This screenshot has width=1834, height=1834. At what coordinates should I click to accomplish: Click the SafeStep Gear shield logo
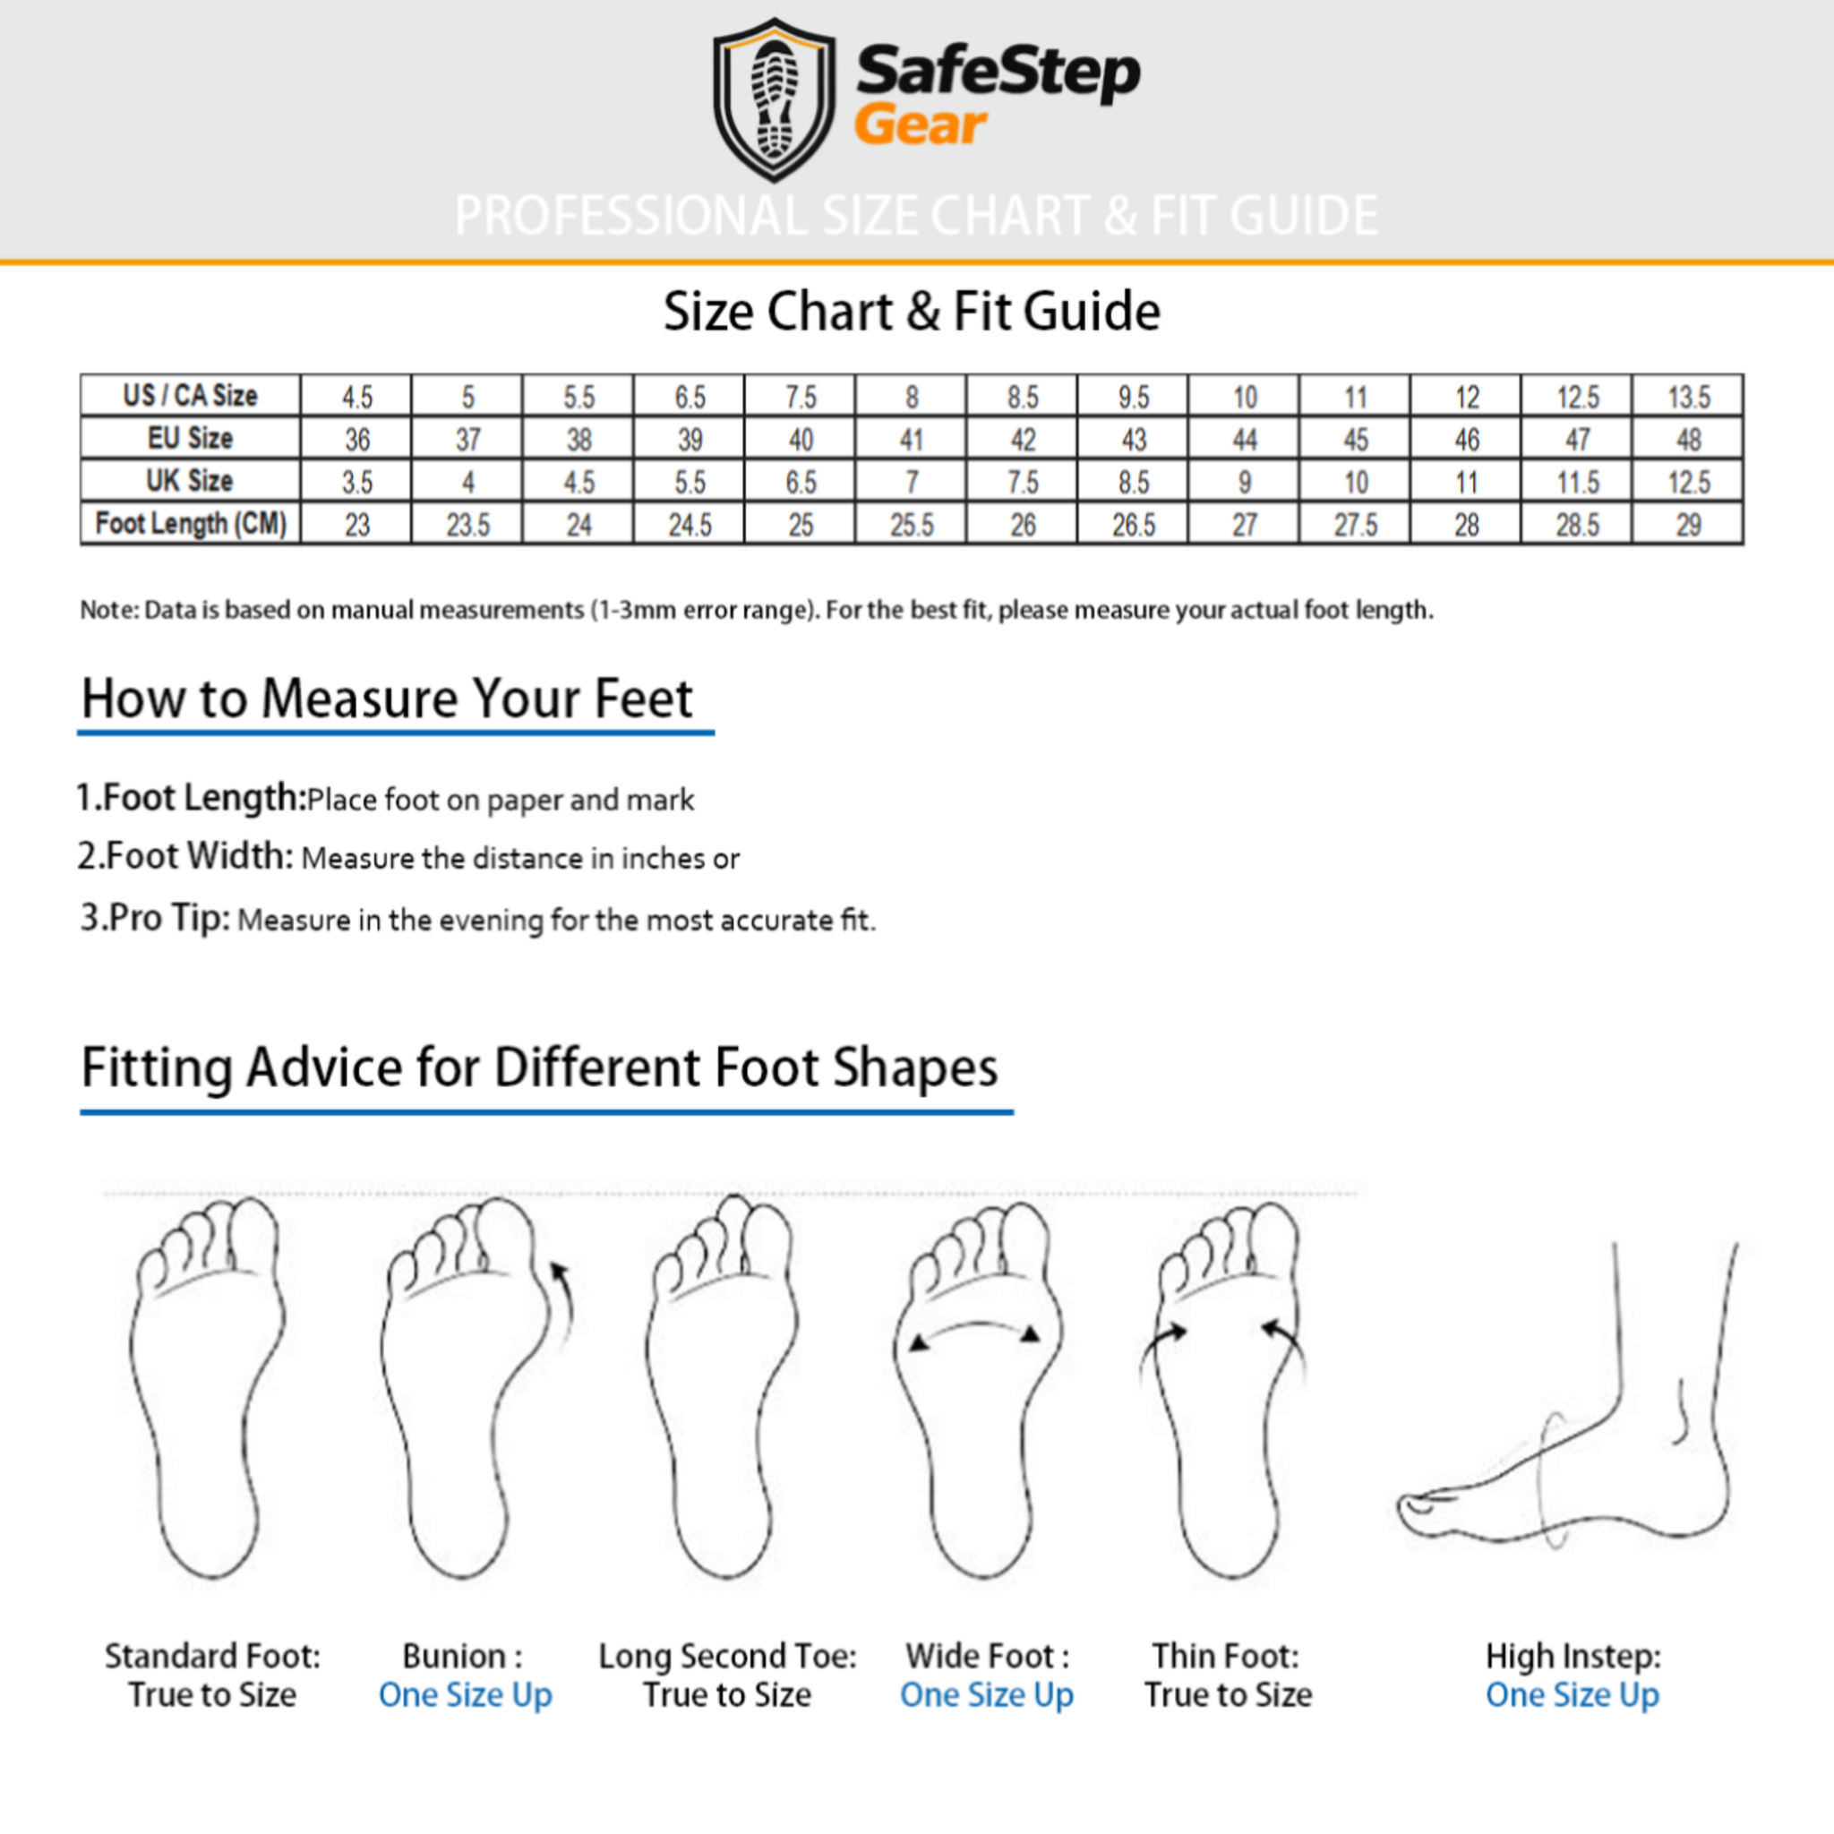(x=774, y=99)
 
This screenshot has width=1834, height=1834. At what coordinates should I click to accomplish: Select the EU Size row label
(x=190, y=438)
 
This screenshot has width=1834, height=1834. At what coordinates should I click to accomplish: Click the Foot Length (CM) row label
(x=190, y=523)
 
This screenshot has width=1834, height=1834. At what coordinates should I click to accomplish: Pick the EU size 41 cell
(x=912, y=440)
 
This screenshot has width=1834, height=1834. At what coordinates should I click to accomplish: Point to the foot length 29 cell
(x=1688, y=524)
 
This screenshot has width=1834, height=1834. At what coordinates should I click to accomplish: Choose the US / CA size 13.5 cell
(x=1688, y=397)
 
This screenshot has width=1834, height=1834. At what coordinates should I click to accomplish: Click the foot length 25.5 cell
(x=912, y=524)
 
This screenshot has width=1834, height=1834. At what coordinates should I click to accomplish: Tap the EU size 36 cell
(x=357, y=440)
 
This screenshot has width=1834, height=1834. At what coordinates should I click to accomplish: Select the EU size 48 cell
(x=1688, y=440)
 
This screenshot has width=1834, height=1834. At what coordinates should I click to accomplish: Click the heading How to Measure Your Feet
(x=387, y=698)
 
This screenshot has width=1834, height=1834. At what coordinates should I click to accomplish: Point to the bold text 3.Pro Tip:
(x=155, y=918)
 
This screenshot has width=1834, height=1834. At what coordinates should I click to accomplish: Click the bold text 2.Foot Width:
(x=185, y=856)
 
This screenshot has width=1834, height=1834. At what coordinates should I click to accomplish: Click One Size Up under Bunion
(x=465, y=1694)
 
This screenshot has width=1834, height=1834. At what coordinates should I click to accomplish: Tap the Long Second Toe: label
(x=727, y=1656)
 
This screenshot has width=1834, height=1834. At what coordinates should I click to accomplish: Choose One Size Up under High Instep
(x=1572, y=1694)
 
